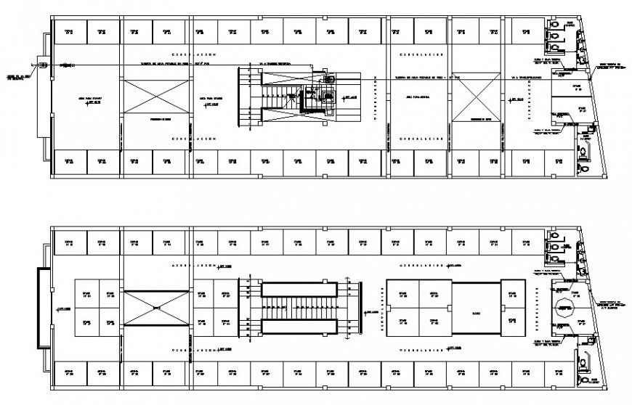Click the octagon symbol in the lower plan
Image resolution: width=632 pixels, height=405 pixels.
pyautogui.click(x=562, y=308)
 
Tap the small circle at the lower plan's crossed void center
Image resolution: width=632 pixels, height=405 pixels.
pyautogui.click(x=157, y=308)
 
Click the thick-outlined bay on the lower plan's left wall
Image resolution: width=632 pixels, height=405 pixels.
pyautogui.click(x=44, y=308)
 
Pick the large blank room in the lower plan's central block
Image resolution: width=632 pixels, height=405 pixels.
pyautogui.click(x=477, y=308)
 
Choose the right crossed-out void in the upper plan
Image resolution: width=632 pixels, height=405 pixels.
pyautogui.click(x=474, y=97)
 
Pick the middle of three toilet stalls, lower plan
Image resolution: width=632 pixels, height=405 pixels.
pyautogui.click(x=554, y=247)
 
